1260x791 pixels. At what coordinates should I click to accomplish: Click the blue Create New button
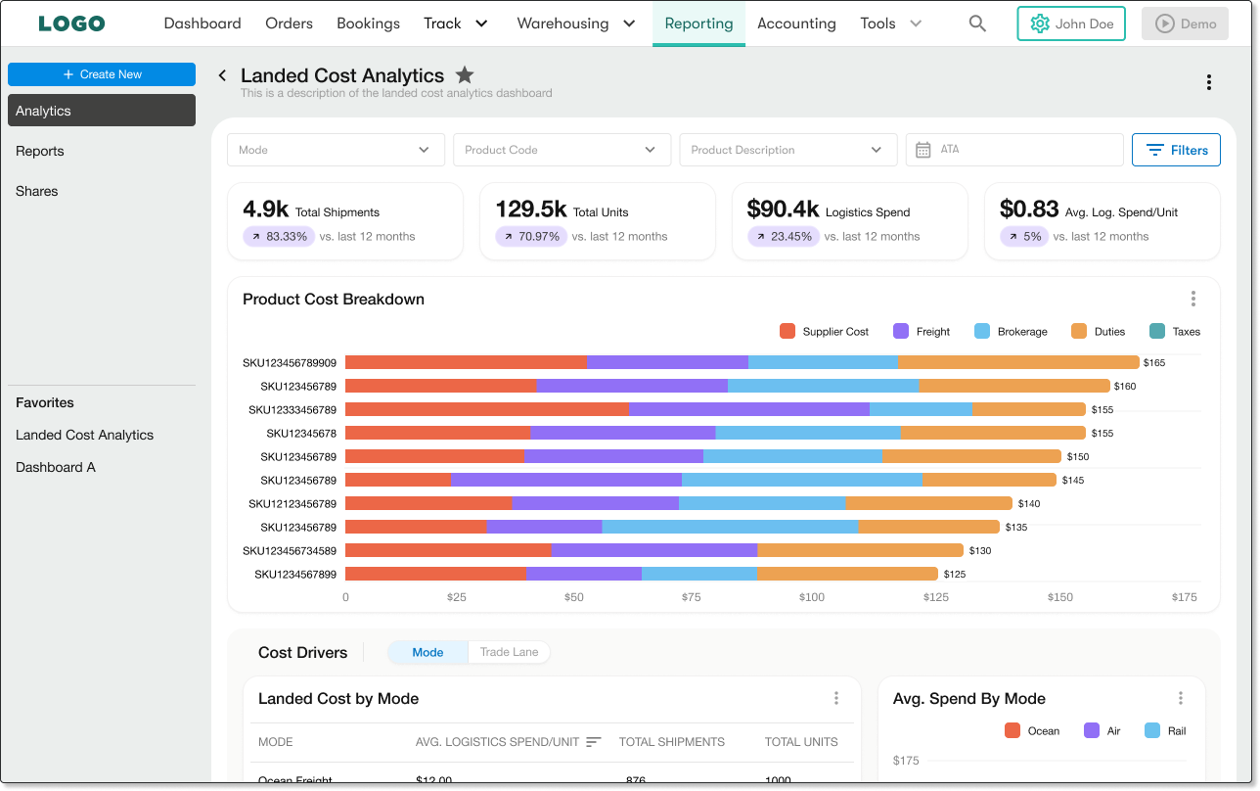[102, 74]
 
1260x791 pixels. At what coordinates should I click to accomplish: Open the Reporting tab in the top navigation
[698, 23]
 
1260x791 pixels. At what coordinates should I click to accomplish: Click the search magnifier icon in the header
[977, 23]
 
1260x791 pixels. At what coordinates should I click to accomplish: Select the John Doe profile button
[1070, 23]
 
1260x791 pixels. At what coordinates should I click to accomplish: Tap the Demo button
[1185, 23]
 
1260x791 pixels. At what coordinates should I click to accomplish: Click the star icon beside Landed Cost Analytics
[465, 75]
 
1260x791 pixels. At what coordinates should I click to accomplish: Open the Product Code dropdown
[562, 150]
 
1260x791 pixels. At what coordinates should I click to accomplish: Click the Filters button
[1176, 150]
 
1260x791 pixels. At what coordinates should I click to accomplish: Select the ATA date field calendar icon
[922, 150]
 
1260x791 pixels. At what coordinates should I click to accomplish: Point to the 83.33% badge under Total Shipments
[279, 236]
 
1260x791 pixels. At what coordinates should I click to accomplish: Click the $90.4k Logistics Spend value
[783, 209]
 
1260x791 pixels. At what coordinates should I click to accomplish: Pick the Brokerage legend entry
[1011, 331]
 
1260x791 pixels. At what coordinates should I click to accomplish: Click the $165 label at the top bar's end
[1153, 362]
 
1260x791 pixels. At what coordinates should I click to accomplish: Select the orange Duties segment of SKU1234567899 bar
[847, 574]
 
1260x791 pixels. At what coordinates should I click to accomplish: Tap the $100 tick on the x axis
[811, 597]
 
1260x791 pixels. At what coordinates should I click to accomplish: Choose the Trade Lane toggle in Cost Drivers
[509, 652]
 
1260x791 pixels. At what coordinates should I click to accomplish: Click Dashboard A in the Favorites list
[56, 467]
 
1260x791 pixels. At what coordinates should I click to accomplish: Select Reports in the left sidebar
[40, 151]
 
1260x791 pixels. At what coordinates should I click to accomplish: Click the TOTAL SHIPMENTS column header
[671, 742]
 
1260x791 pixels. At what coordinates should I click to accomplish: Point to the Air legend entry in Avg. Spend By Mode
[1104, 730]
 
